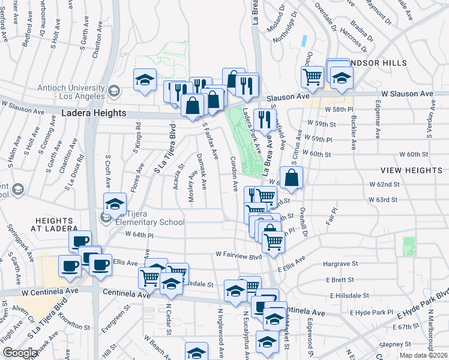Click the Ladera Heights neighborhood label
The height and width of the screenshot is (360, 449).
click(x=94, y=113)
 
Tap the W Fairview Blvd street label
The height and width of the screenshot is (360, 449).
click(x=238, y=256)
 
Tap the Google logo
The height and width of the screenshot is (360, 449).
click(x=20, y=353)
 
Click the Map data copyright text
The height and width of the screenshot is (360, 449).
click(x=424, y=355)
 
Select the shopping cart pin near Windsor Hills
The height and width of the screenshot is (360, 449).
click(x=312, y=77)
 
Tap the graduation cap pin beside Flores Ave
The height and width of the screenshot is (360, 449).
click(x=115, y=204)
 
